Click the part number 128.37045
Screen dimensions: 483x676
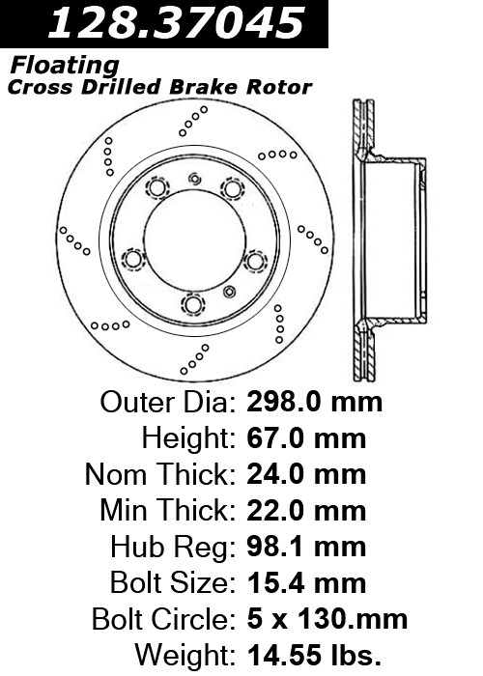pyautogui.click(x=176, y=23)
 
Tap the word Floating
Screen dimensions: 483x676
pyautogui.click(x=65, y=66)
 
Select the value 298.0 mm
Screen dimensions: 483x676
pyautogui.click(x=314, y=403)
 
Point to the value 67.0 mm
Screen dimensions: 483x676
pyautogui.click(x=306, y=438)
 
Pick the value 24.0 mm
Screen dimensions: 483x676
pyautogui.click(x=306, y=474)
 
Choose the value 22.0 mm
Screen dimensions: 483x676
pyautogui.click(x=306, y=511)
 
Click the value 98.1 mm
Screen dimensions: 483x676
pyautogui.click(x=306, y=547)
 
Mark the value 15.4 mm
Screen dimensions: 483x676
pyautogui.click(x=306, y=583)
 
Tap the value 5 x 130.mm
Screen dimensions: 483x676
pyautogui.click(x=327, y=619)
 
